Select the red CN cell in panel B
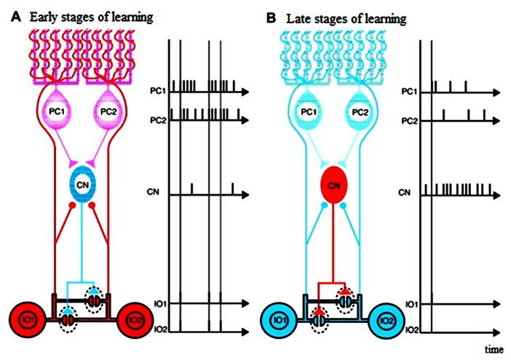335,186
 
